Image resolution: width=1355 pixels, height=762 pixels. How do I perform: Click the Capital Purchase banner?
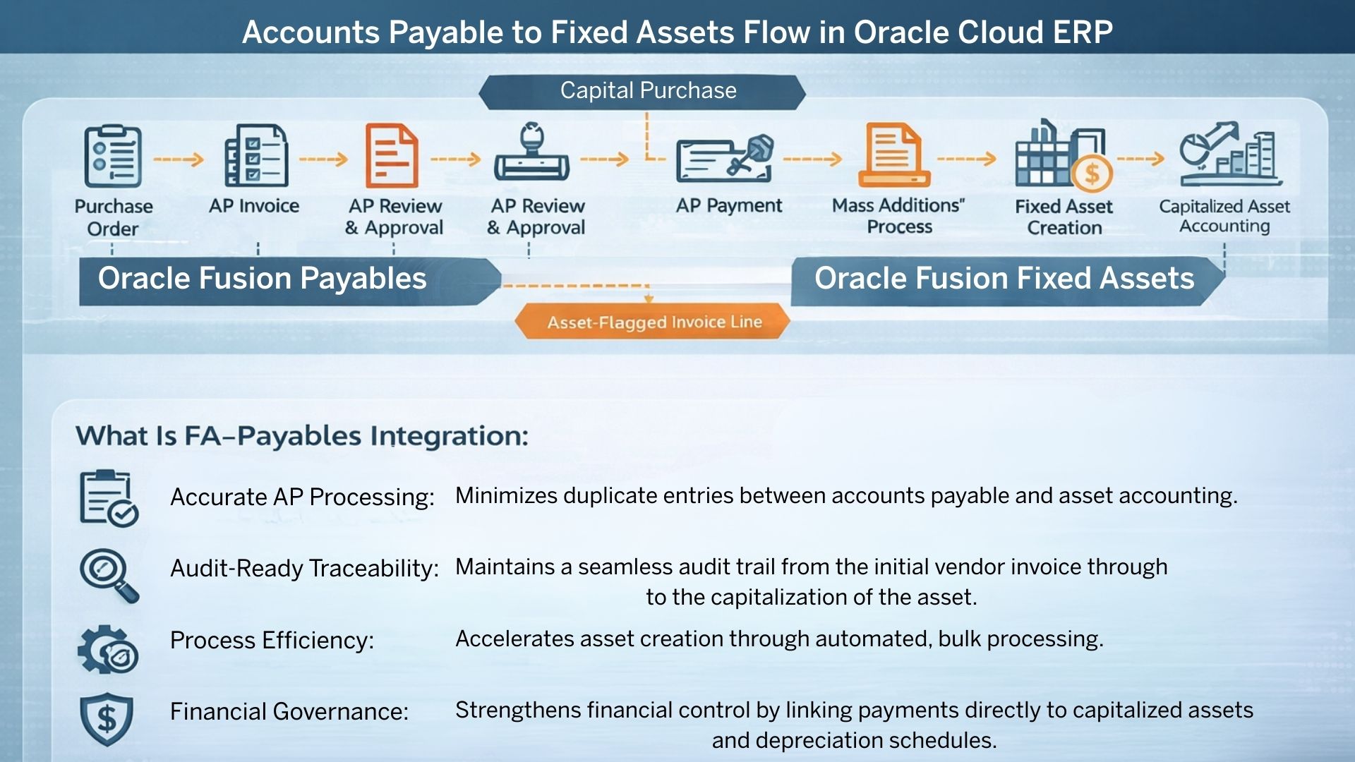point(642,92)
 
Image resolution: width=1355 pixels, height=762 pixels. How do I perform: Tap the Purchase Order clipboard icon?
point(113,156)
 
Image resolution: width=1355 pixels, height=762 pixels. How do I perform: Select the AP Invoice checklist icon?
point(256,155)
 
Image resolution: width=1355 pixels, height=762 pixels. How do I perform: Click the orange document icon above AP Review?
point(392,155)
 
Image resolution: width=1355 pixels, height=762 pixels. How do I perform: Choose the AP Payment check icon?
point(725,158)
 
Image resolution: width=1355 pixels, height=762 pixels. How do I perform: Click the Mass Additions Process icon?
point(893,155)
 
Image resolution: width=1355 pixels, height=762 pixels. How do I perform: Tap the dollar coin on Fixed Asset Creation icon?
point(1092,173)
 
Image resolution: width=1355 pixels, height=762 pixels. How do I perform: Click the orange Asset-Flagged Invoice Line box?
point(652,322)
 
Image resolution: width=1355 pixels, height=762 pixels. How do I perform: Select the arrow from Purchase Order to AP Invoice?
point(178,159)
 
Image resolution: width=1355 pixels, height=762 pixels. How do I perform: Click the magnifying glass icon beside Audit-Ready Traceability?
point(109,576)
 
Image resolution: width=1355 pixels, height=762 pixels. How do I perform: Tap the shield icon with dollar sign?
point(107,719)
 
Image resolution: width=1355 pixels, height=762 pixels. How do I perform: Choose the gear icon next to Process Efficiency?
point(108,649)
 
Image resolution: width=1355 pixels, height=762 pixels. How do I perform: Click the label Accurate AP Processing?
point(302,497)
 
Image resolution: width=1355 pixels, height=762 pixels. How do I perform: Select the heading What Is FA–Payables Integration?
point(302,436)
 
